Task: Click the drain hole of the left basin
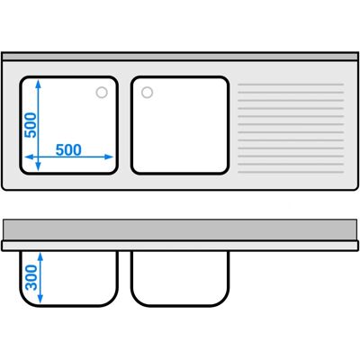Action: [102, 93]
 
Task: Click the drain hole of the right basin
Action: [147, 93]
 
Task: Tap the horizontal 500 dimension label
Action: [68, 149]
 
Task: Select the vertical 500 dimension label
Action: [31, 125]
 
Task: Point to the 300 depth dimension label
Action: [31, 278]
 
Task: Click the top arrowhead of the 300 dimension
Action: [40, 256]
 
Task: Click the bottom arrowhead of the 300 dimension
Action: [40, 299]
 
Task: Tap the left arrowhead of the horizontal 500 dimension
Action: [29, 157]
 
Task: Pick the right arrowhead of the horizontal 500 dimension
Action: [109, 157]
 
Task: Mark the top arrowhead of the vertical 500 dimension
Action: [38, 84]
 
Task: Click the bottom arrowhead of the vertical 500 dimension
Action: [38, 166]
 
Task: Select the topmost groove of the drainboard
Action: [291, 85]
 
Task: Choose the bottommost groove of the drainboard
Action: [291, 172]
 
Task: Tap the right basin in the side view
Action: [180, 278]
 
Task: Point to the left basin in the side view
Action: [69, 278]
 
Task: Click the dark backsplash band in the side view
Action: [180, 229]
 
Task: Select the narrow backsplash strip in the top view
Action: [180, 57]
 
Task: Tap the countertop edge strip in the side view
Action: [180, 246]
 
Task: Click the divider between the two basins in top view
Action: [124, 125]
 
